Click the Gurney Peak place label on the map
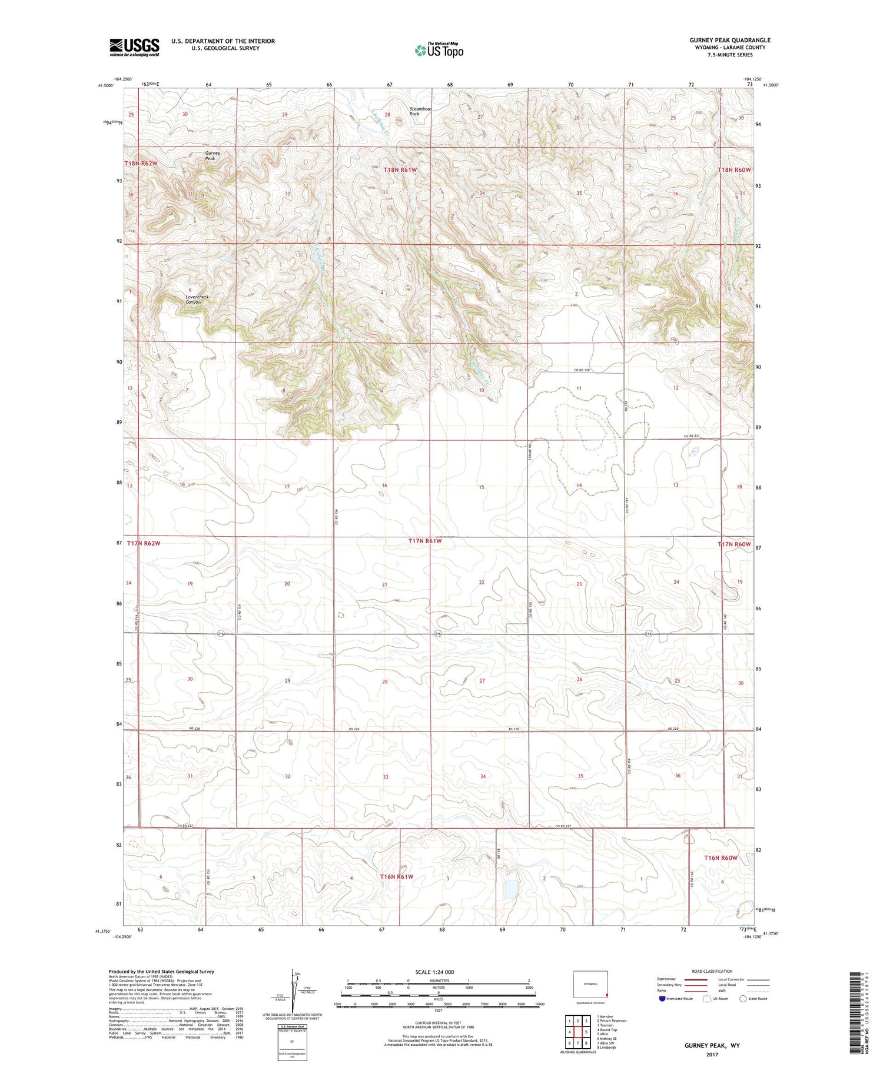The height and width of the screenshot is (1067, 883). pyautogui.click(x=213, y=155)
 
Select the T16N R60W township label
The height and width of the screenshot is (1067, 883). pyautogui.click(x=721, y=858)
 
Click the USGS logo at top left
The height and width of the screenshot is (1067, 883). pyautogui.click(x=134, y=47)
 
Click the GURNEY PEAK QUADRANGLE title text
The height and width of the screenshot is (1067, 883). pyautogui.click(x=730, y=40)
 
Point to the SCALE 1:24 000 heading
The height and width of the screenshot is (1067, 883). pyautogui.click(x=438, y=972)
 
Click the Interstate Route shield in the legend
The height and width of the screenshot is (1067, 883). pyautogui.click(x=662, y=998)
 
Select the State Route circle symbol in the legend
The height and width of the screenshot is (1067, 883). pyautogui.click(x=743, y=998)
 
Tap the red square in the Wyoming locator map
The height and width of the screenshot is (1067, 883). pyautogui.click(x=606, y=996)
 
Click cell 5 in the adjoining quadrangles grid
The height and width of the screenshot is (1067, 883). pyautogui.click(x=586, y=1032)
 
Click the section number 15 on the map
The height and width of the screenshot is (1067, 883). pyautogui.click(x=481, y=487)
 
